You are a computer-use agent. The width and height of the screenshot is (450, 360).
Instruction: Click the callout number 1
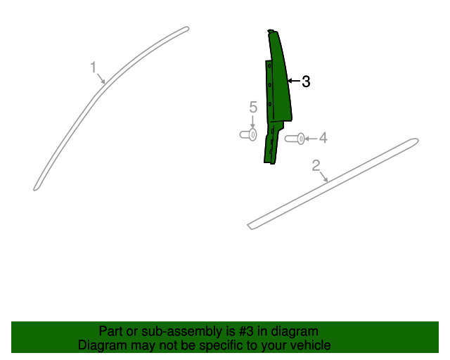coord(93,67)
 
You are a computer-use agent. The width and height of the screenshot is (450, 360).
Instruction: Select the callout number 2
coord(316,165)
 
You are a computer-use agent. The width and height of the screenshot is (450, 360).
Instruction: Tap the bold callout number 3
coord(307,82)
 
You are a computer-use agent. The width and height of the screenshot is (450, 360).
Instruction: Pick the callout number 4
coord(323,138)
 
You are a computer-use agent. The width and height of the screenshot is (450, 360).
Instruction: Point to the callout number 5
coord(253,107)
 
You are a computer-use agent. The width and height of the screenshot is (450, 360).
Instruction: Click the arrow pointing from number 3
coord(294,81)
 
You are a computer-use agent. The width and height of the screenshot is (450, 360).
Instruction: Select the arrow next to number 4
coord(311,139)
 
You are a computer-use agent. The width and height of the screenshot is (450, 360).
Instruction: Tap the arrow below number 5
coord(252,122)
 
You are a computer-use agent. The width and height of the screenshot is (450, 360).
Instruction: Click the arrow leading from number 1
coord(101,79)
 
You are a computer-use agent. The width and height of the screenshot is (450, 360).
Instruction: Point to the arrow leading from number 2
coord(323,177)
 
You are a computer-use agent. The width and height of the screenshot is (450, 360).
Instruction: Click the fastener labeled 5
coord(248,134)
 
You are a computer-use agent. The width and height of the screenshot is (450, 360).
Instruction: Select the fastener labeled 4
coord(295,139)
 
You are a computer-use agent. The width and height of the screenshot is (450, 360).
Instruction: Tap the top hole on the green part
coord(269,66)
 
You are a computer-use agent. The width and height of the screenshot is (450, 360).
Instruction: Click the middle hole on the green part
coord(270,85)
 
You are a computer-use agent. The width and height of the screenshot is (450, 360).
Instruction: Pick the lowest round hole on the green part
coord(270,104)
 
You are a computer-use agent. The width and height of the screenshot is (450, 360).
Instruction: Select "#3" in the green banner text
coord(246,331)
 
